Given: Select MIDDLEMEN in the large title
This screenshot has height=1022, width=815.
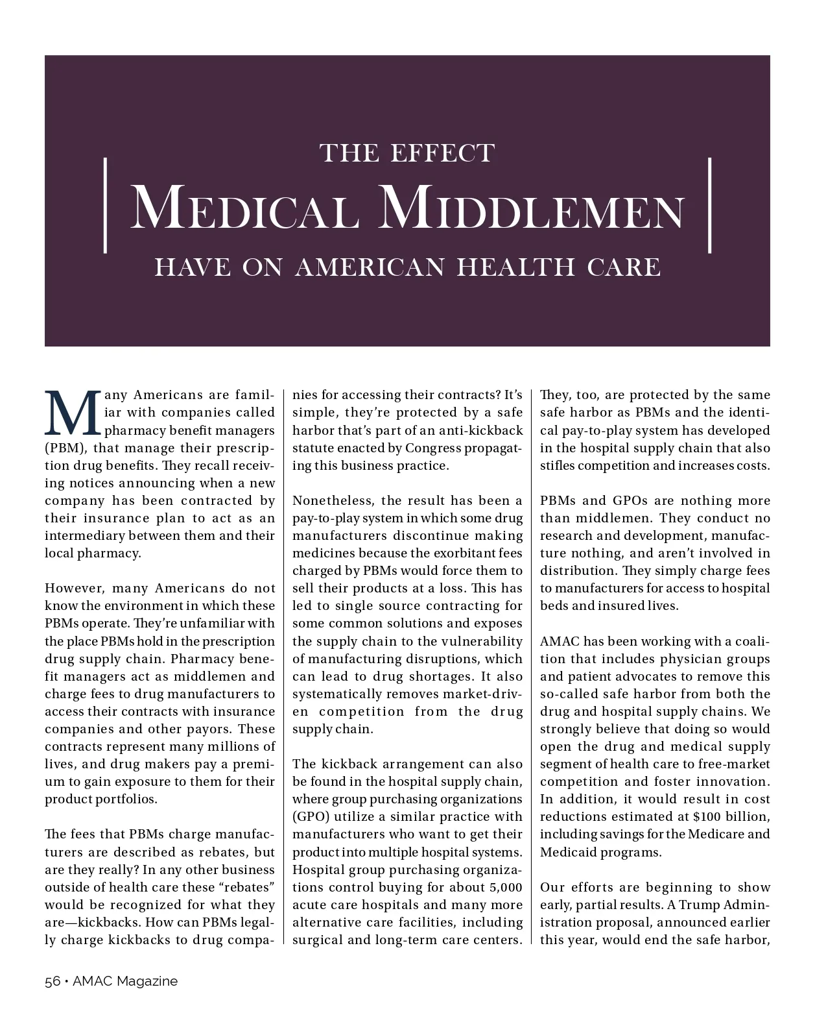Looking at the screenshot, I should [x=531, y=208].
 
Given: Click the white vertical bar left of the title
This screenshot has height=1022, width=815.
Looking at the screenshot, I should [x=105, y=205].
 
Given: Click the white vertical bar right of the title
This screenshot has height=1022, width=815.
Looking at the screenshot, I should [x=710, y=205].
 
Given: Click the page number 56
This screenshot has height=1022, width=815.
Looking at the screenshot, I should [x=52, y=981].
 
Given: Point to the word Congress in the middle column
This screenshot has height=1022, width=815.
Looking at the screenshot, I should [x=431, y=448].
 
